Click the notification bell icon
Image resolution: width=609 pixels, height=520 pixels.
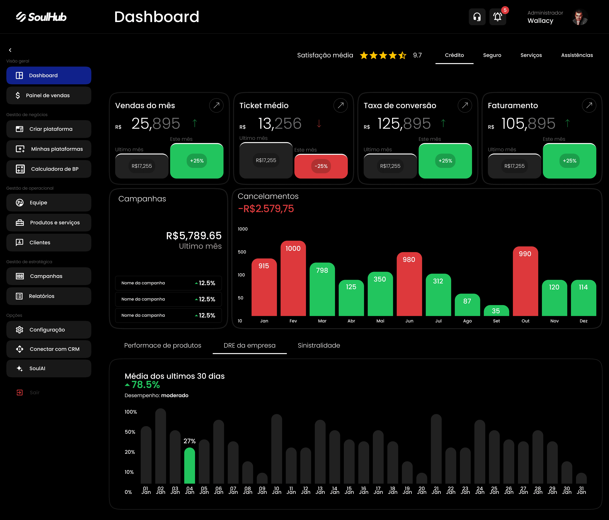coord(497,17)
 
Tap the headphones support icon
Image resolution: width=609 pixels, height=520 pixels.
coord(477,17)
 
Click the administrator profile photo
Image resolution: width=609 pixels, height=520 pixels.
coord(580,17)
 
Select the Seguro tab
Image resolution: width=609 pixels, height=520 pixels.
coord(492,55)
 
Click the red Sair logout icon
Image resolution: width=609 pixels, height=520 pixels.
coord(19,393)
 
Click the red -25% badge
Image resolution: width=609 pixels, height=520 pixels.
coord(321,166)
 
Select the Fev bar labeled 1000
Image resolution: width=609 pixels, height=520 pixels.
coord(293,278)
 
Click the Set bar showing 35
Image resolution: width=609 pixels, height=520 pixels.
coord(496,311)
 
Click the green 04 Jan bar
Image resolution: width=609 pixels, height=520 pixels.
coord(190,466)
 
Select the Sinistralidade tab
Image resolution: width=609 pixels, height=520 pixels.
coord(319,345)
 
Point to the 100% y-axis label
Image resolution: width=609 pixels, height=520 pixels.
coord(131,412)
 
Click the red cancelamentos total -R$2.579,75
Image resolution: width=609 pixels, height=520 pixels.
coord(266,209)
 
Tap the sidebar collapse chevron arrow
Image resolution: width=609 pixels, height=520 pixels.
coord(10,50)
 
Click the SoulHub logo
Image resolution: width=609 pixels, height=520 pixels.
coord(41,17)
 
